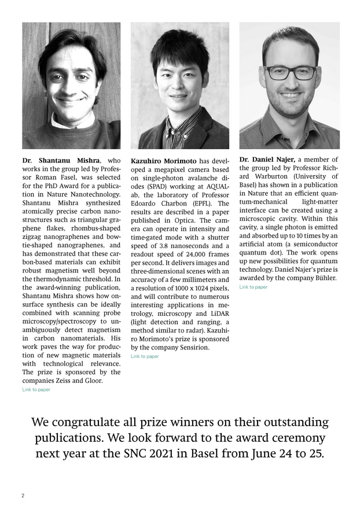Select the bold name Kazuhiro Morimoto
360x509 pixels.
(164, 160)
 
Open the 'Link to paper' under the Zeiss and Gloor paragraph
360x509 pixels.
(36, 390)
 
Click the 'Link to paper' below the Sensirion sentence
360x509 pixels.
(145, 356)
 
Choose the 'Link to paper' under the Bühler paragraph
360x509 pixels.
(254, 287)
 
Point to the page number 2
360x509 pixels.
(23, 496)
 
